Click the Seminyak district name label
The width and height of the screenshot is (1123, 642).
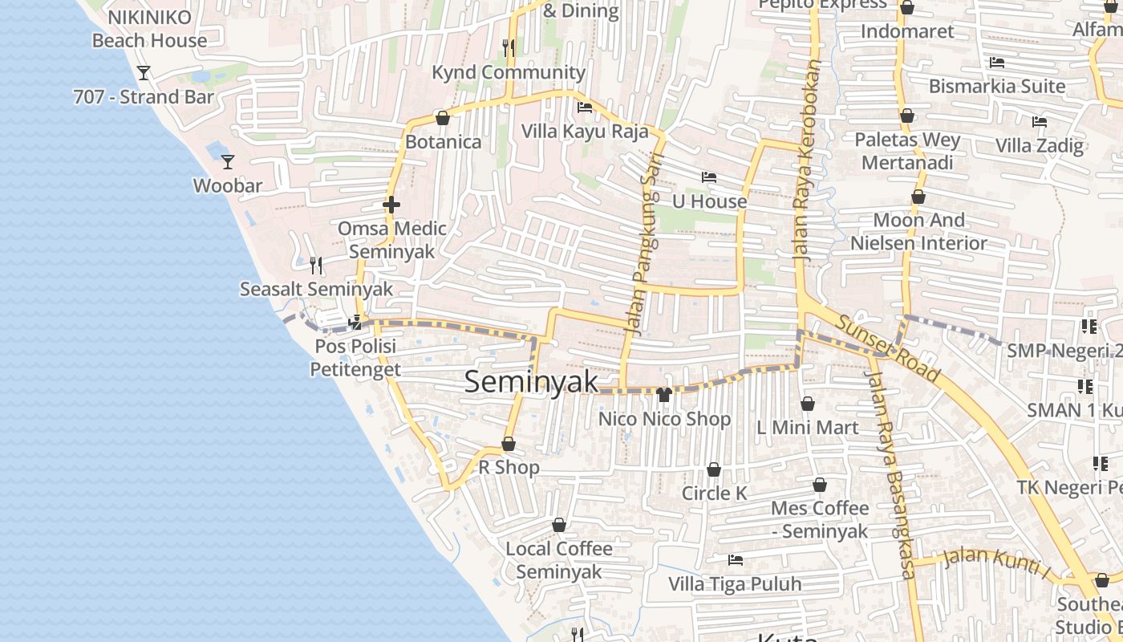pos(531,382)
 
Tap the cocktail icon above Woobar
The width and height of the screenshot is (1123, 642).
pos(228,162)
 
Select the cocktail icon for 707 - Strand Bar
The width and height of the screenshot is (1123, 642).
pos(144,73)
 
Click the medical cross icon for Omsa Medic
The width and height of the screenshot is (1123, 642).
pos(391,205)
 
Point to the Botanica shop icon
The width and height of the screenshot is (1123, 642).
pos(442,118)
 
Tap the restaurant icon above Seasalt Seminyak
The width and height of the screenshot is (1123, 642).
pos(316,265)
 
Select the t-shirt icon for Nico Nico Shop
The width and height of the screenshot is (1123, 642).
pos(663,394)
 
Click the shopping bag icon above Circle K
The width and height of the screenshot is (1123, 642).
pos(713,469)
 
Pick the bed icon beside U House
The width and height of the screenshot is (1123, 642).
pos(708,177)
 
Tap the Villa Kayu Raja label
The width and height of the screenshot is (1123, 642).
pos(585,131)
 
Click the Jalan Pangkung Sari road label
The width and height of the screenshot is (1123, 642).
pos(645,244)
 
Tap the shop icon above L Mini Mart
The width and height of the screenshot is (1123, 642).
pos(808,404)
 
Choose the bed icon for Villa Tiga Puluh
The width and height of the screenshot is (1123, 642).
pos(735,559)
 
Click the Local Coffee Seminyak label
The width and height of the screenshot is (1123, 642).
pos(559,560)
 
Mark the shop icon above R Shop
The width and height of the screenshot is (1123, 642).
pos(509,444)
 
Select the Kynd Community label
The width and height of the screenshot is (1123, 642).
pos(509,72)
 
